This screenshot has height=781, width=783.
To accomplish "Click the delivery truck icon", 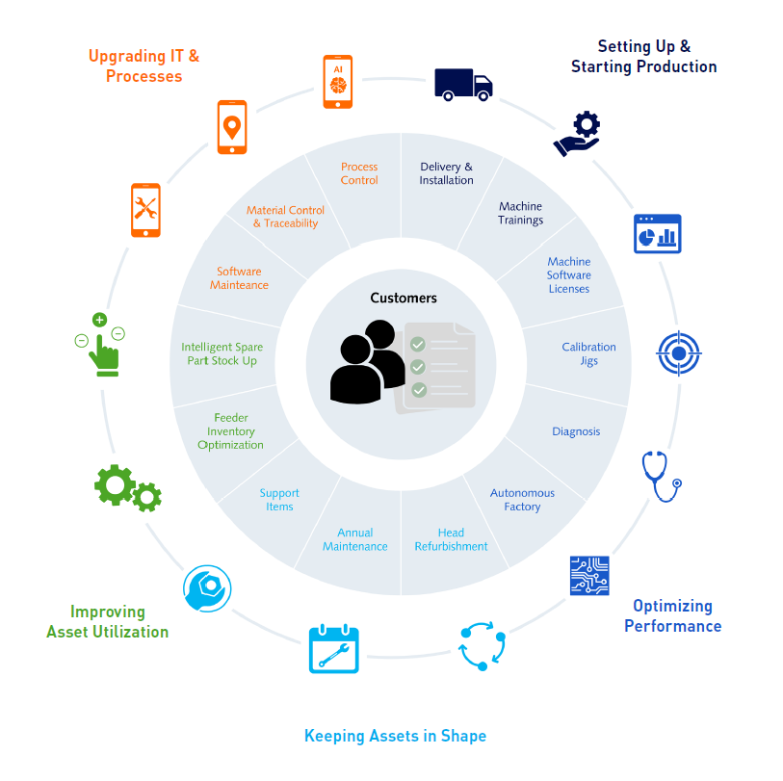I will tap(463, 84).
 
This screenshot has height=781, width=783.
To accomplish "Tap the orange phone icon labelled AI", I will tap(338, 80).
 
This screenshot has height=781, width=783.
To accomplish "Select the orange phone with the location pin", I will tap(231, 126).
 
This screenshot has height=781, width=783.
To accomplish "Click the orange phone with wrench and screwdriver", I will tap(145, 208).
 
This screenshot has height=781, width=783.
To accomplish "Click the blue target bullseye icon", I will tap(679, 353).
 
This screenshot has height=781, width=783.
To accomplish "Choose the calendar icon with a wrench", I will tap(333, 649).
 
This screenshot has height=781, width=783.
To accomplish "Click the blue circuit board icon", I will tap(589, 575).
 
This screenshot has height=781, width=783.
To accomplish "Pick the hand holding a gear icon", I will tap(578, 134).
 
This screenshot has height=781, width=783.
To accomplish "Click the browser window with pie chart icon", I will tap(657, 234).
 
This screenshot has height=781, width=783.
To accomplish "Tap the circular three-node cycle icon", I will tap(481, 646).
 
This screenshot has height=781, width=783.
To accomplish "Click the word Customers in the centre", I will tap(404, 299).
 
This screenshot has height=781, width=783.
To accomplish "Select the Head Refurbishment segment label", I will tap(451, 539).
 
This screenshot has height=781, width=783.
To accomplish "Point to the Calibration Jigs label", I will tap(588, 353).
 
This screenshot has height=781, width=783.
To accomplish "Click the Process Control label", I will tap(359, 173).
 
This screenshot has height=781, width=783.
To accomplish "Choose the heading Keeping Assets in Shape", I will tap(395, 736).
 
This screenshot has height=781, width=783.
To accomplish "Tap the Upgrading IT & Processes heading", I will tap(144, 65).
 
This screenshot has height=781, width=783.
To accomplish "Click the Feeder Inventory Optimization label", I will tap(231, 431).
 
